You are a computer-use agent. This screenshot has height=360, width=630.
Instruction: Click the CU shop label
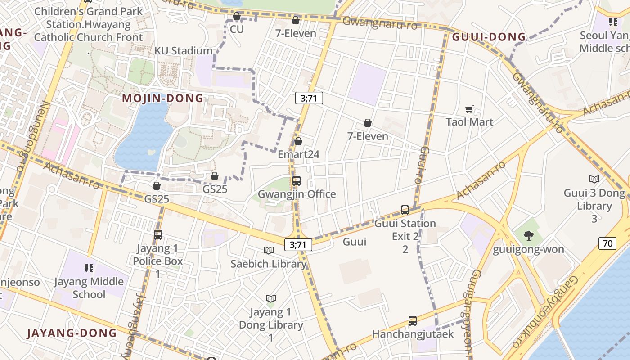point(237,29)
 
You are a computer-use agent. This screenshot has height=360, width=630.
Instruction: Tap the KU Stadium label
point(183,51)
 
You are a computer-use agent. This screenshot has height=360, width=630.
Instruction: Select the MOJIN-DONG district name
point(163,98)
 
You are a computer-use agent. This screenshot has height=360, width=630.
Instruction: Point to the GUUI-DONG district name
point(489,37)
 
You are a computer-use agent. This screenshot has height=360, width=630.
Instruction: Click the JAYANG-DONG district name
point(72,333)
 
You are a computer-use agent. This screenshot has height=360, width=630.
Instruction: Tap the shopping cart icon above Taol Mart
point(469,109)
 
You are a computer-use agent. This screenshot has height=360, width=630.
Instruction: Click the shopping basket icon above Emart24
point(298,142)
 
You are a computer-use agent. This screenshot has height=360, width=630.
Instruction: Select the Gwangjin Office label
point(297,194)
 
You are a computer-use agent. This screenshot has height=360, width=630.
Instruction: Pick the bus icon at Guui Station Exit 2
point(405,210)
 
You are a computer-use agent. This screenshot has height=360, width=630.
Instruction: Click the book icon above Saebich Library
point(269,251)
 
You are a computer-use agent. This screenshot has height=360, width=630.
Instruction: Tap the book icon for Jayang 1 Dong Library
point(270,298)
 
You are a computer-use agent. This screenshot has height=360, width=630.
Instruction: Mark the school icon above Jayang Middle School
point(89,269)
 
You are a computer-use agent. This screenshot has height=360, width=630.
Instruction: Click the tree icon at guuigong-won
point(529,235)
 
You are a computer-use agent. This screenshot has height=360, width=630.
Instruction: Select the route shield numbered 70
point(607,244)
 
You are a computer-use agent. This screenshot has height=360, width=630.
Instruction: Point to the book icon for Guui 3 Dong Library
point(594,180)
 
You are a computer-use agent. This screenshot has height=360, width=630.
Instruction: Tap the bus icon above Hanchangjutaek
point(413,321)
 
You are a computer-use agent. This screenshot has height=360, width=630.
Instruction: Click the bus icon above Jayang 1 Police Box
point(158,235)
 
